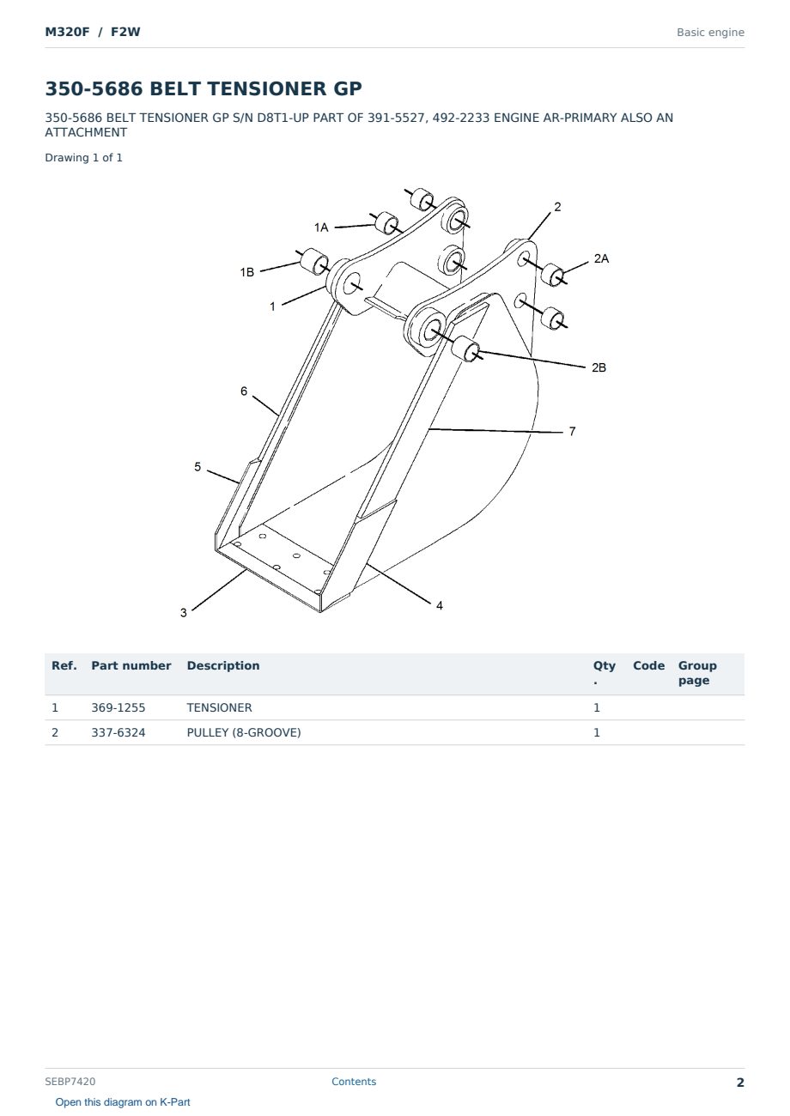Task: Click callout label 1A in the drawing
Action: (x=321, y=227)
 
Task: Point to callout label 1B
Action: (x=247, y=272)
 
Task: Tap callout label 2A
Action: (x=601, y=258)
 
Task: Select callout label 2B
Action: (x=599, y=367)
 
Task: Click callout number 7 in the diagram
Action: (x=572, y=432)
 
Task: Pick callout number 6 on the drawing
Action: (x=244, y=391)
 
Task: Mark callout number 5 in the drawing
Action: (x=197, y=467)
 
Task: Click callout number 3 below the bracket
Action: (x=184, y=613)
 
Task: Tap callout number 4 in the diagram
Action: (x=440, y=606)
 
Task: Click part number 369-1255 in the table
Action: (x=118, y=707)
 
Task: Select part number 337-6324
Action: (x=118, y=732)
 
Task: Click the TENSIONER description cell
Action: (x=219, y=707)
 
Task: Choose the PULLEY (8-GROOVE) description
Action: (x=244, y=732)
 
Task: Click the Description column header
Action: (x=223, y=665)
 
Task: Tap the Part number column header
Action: (x=131, y=665)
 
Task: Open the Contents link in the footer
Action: (x=354, y=1081)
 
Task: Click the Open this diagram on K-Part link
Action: (x=123, y=1102)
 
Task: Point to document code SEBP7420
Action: (x=70, y=1081)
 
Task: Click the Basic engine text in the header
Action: (x=710, y=33)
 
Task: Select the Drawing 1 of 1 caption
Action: (x=84, y=158)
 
